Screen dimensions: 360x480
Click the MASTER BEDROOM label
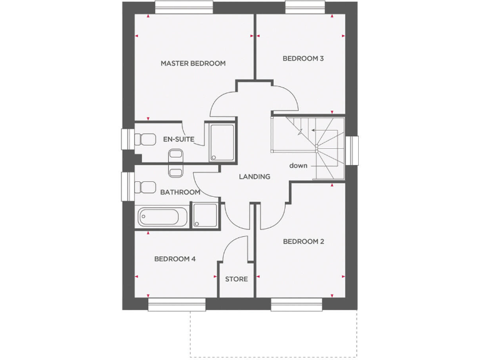click(x=192, y=63)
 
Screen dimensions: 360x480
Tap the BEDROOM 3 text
click(x=303, y=59)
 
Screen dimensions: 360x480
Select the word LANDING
click(x=254, y=177)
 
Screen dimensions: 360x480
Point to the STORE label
click(x=236, y=279)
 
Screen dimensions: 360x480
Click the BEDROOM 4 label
click(x=175, y=258)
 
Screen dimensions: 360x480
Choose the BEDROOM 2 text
click(x=303, y=241)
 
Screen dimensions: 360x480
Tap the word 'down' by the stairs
click(x=298, y=166)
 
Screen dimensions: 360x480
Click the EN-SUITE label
click(x=178, y=139)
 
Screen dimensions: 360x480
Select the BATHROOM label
click(x=180, y=192)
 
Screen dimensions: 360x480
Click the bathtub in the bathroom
click(x=161, y=217)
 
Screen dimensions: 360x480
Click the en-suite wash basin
click(x=176, y=154)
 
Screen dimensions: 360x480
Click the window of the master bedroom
click(x=183, y=7)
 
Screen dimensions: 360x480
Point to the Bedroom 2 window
click(x=296, y=304)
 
